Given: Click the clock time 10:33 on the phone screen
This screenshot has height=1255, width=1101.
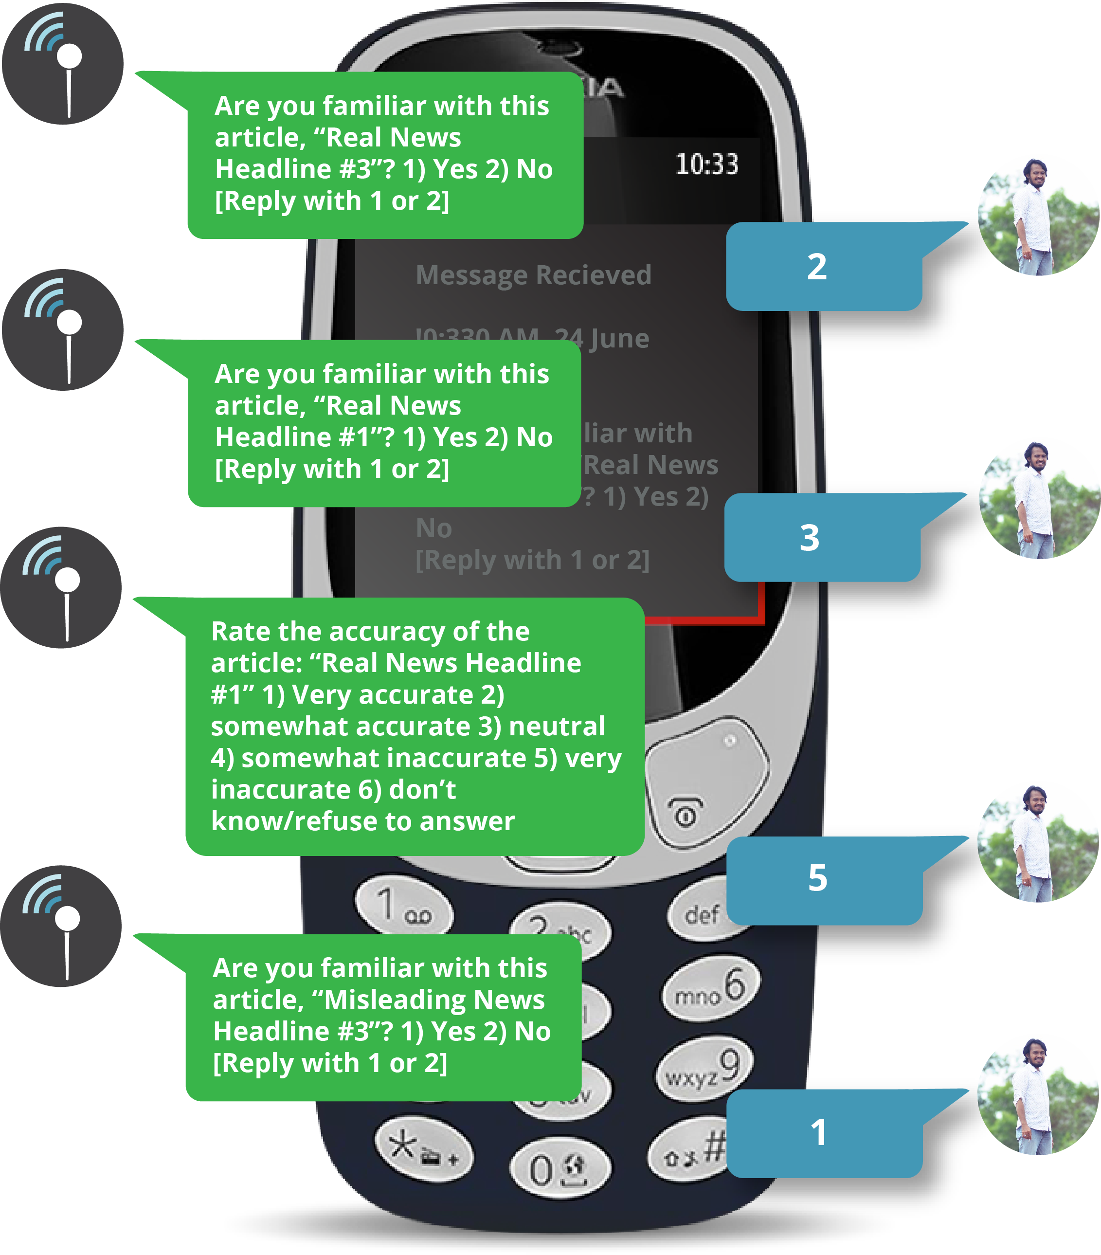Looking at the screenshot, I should point(706,164).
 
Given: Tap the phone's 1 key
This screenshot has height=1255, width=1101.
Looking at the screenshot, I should point(403,906).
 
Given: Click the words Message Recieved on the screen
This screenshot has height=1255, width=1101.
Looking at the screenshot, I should point(533,275).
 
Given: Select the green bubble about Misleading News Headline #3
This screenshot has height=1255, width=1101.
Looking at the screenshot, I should point(383,1016).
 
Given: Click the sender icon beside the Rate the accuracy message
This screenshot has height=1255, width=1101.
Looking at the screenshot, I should point(61,587).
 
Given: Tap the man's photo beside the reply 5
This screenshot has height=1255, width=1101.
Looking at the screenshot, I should point(1038,844).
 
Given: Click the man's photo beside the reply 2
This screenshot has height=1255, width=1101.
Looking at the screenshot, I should point(1038,218).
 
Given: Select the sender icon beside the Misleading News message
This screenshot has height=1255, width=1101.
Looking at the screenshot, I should point(61,927).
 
